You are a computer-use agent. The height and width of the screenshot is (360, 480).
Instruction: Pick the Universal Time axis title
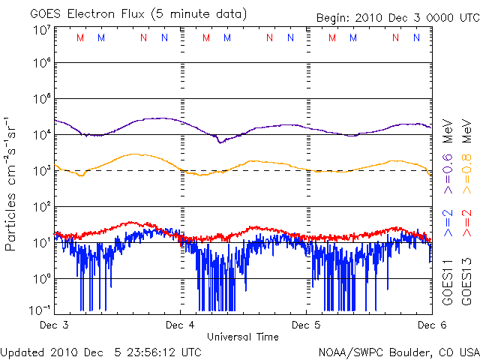tap(243, 337)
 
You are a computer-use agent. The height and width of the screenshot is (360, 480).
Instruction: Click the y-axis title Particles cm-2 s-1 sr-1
tap(12, 183)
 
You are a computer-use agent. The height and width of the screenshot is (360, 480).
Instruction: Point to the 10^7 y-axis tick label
tap(41, 31)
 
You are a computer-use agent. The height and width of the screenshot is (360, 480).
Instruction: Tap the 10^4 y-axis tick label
tap(41, 135)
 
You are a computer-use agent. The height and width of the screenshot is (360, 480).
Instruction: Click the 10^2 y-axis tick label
tap(41, 206)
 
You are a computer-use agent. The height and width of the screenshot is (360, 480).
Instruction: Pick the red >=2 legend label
tap(466, 222)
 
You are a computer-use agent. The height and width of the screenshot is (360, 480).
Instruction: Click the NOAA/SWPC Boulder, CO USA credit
tap(398, 352)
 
